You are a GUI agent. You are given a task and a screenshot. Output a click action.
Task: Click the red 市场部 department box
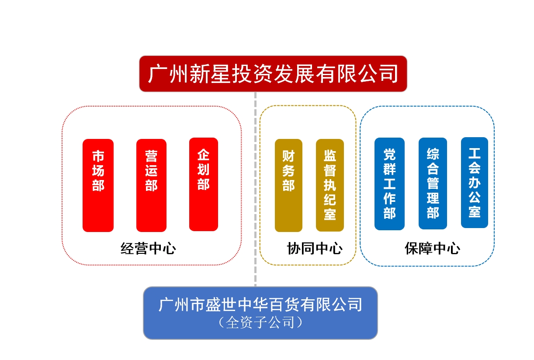click(x=98, y=185)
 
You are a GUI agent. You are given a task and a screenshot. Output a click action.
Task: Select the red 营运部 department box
click(x=151, y=185)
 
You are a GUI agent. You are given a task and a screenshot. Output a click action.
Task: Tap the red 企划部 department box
click(x=204, y=184)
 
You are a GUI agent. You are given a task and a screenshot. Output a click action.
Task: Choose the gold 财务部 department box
click(x=288, y=185)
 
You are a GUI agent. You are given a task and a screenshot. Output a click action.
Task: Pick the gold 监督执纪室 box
click(x=330, y=185)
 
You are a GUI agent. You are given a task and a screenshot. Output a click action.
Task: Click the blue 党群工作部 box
click(x=389, y=184)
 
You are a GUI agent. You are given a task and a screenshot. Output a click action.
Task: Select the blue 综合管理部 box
click(x=433, y=183)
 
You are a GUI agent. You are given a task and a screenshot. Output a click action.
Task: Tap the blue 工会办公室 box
click(x=475, y=183)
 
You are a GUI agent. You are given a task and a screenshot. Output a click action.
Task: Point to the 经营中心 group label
click(x=148, y=249)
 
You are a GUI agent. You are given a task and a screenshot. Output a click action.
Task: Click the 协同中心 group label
click(x=315, y=249)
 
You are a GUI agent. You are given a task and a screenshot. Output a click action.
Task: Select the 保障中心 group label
click(x=433, y=249)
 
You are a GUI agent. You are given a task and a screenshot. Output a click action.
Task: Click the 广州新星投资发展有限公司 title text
click(x=273, y=74)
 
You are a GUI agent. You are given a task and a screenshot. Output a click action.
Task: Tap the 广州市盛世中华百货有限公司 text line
click(x=260, y=305)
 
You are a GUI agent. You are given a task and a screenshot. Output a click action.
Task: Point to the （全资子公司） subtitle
click(x=260, y=322)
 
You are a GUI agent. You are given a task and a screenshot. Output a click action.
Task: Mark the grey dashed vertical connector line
click(x=255, y=189)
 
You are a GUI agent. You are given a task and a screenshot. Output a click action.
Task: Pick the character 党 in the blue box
click(x=389, y=155)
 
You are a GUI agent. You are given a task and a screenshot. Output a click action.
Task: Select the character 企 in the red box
click(x=203, y=155)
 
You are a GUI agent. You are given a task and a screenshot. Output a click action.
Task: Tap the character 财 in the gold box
click(x=288, y=156)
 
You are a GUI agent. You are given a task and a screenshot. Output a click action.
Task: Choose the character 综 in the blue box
click(x=433, y=154)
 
